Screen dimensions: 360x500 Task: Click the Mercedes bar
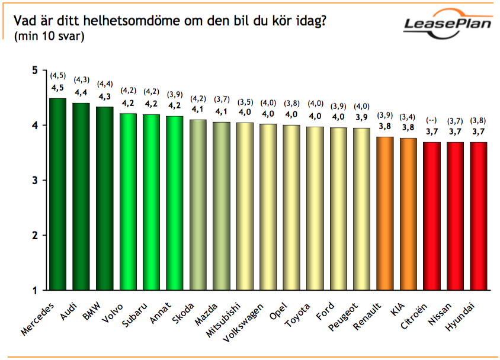click(57, 194)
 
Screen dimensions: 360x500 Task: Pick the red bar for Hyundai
click(479, 216)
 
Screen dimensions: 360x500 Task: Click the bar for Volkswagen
click(268, 207)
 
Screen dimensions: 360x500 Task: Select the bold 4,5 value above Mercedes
click(57, 89)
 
